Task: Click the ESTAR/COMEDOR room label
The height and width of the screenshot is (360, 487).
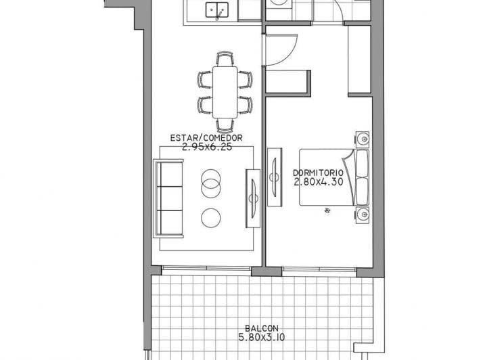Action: pos(206,137)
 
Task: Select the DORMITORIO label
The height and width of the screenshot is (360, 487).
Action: pos(319,173)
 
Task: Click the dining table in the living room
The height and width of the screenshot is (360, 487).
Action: pos(226,91)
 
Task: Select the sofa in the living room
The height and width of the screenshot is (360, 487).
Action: pos(169,198)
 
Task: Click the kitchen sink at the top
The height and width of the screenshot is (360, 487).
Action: pos(218,10)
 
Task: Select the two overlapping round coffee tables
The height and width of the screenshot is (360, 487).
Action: pos(211,183)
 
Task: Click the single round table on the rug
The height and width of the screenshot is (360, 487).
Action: pos(211,217)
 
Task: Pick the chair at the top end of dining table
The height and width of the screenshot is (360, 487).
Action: pos(225,59)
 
